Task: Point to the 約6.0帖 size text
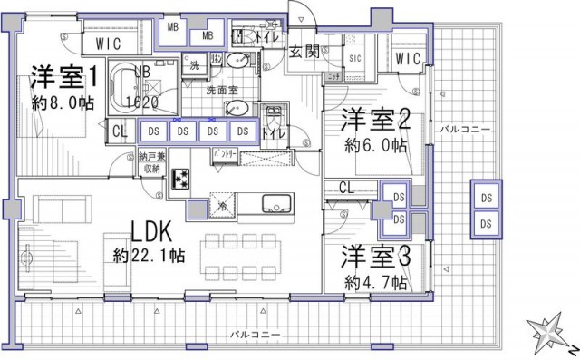pos(375,146)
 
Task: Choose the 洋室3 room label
pos(376,257)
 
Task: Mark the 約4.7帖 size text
pos(375,281)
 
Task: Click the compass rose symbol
pos(549,336)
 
